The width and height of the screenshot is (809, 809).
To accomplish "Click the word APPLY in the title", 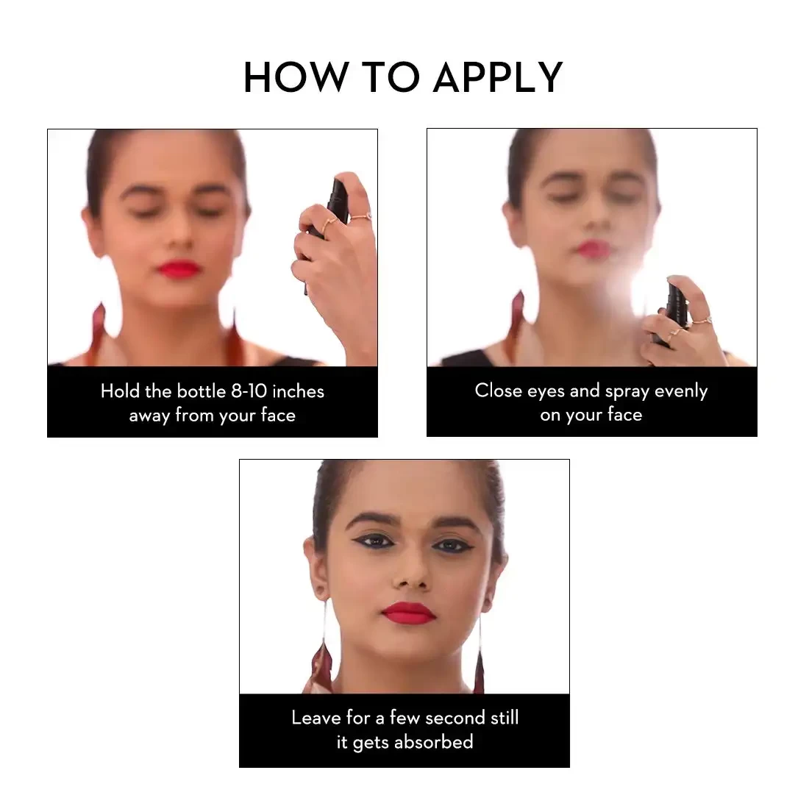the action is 498,77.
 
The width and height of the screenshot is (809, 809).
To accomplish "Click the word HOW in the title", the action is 296,77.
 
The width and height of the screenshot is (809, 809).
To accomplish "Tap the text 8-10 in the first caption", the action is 249,391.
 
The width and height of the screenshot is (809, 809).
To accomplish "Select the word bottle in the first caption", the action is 202,391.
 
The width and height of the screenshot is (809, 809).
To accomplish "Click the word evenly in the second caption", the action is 681,391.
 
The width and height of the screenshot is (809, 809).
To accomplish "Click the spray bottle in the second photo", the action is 671,311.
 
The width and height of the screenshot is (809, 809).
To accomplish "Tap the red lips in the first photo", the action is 179,268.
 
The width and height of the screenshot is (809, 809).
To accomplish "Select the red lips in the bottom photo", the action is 408,613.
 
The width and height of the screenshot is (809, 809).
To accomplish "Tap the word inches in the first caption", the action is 298,391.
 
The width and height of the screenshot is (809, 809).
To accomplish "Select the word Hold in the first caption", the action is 120,391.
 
